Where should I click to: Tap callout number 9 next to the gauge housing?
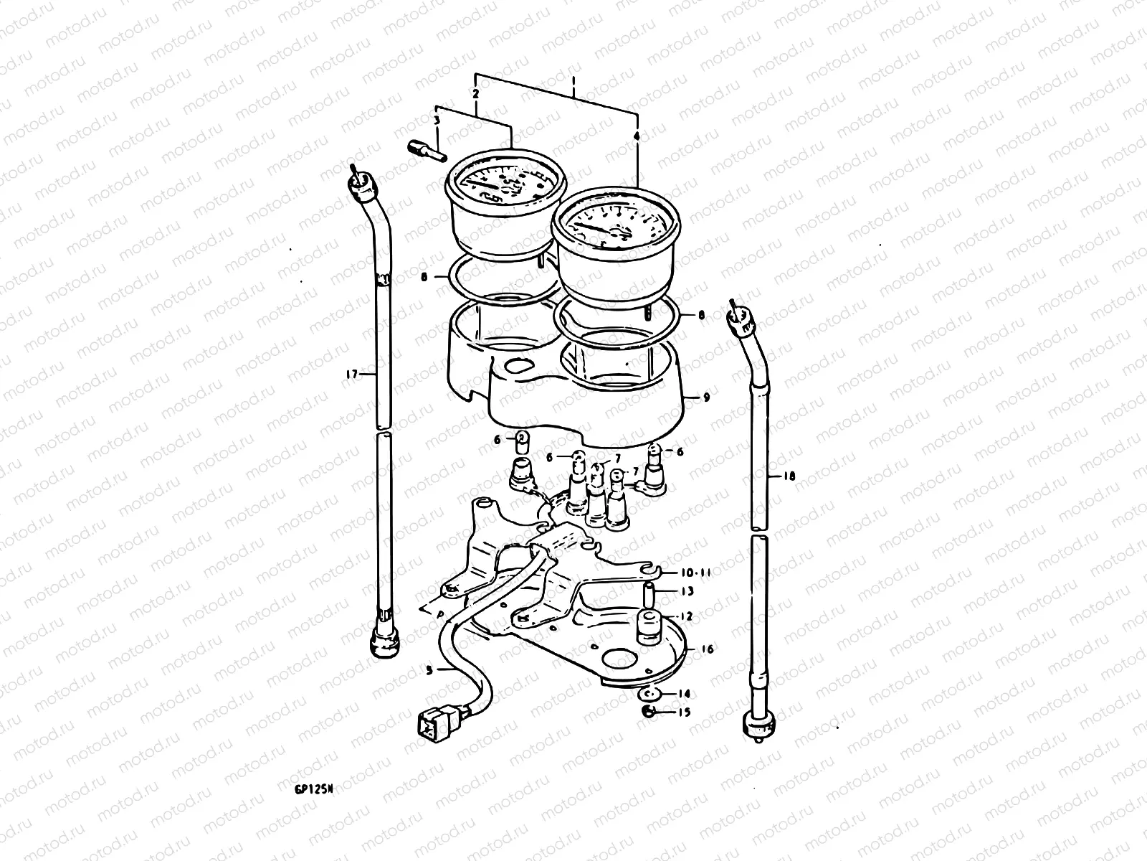[706, 397]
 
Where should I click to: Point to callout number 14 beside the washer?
[685, 694]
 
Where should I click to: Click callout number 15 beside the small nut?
[685, 712]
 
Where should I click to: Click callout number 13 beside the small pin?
[687, 591]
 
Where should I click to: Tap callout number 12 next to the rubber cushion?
[687, 616]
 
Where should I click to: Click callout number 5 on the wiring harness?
[429, 671]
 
